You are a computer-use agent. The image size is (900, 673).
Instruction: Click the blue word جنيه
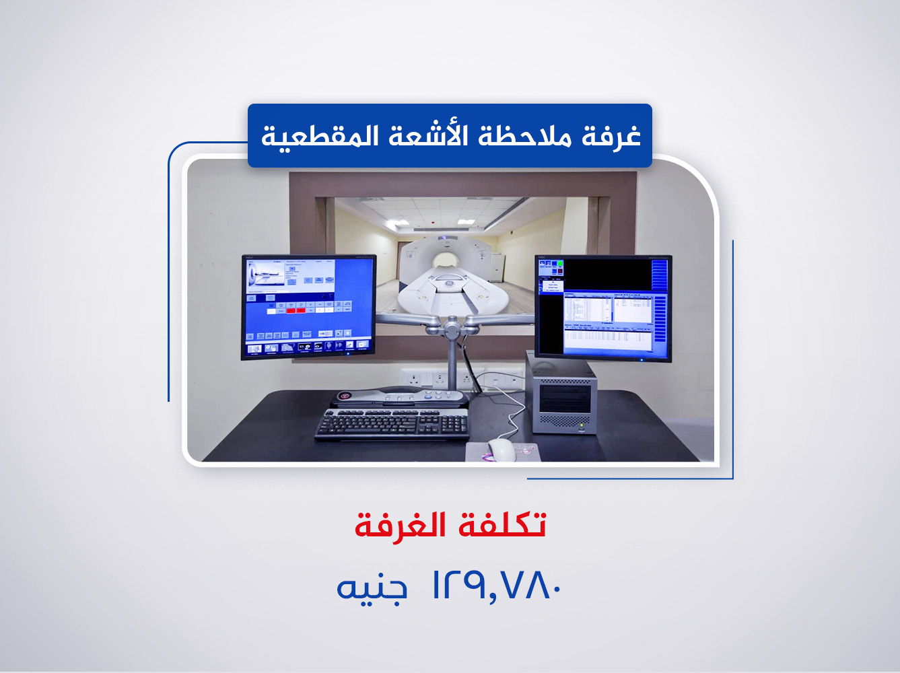(372, 588)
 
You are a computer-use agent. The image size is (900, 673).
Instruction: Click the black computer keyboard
(392, 424)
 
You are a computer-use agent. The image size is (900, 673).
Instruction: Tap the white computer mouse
(501, 449)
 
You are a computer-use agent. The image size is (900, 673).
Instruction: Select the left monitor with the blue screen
(308, 306)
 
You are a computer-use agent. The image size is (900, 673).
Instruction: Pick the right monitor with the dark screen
(603, 308)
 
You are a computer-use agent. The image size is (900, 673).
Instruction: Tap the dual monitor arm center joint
(452, 329)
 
